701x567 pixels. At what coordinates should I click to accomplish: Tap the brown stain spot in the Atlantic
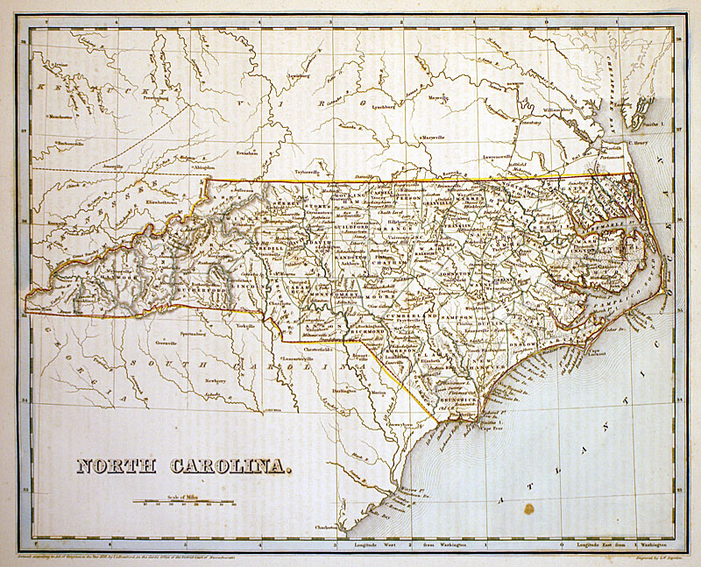coord(528,507)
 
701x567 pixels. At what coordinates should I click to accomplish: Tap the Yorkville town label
coord(245,325)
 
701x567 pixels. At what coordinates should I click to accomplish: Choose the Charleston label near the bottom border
coord(326,528)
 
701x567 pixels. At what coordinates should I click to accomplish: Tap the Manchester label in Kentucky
coord(60,116)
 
